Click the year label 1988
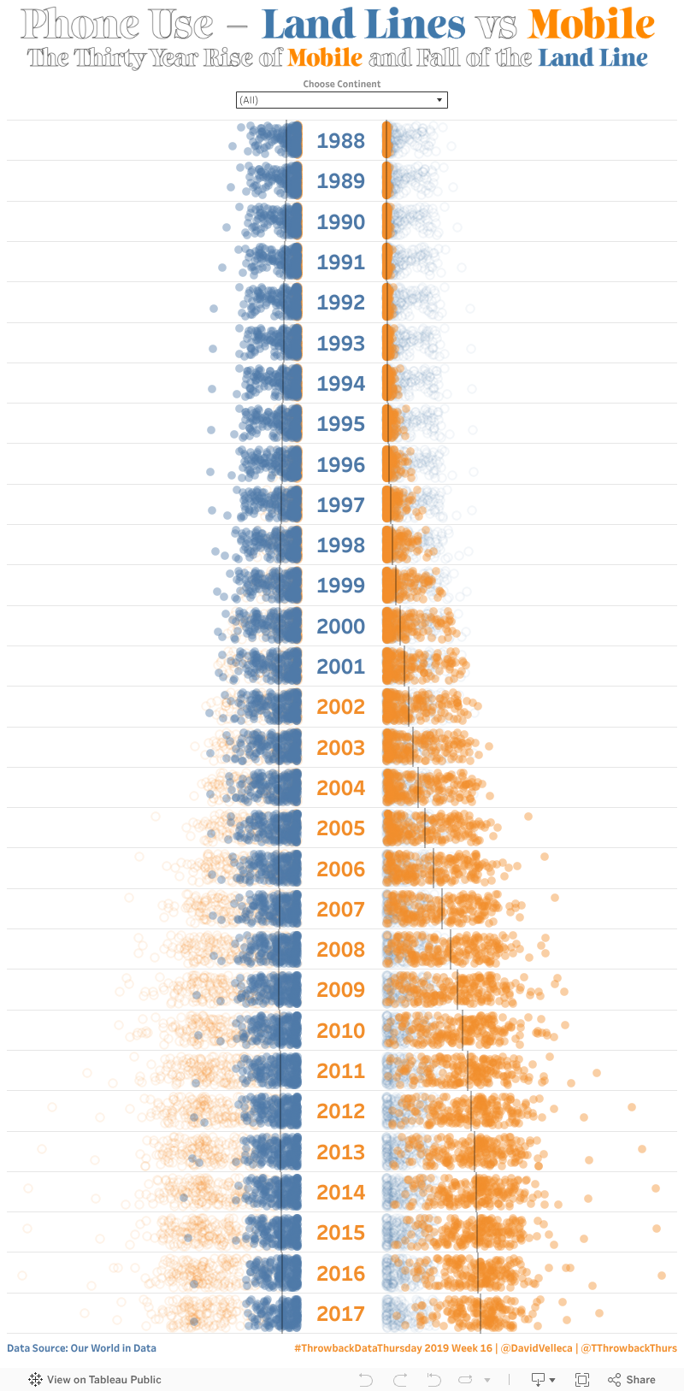coord(340,141)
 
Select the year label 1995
coord(340,424)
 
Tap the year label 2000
coord(340,627)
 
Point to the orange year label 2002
coord(340,707)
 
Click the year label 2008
coord(340,950)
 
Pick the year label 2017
coord(340,1314)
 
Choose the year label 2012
coord(340,1111)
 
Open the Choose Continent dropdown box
coord(341,100)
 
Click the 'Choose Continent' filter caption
coord(341,84)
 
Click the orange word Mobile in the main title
coord(592,24)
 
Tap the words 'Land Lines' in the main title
coord(363,24)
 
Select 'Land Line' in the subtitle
coord(593,58)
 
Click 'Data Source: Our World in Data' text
coord(81,1348)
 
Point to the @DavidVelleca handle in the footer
coord(536,1348)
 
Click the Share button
coord(632,1379)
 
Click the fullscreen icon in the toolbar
coord(582,1379)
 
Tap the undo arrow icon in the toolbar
coord(366,1379)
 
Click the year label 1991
coord(340,262)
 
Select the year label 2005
coord(340,828)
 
